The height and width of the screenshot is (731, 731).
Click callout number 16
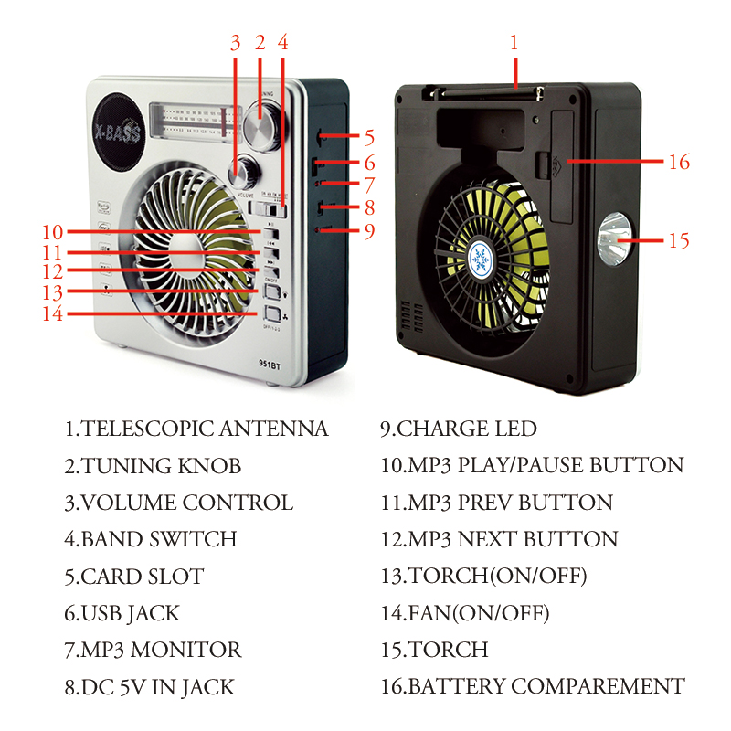(678, 162)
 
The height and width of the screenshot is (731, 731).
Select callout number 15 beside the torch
(678, 241)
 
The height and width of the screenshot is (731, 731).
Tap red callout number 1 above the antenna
(514, 43)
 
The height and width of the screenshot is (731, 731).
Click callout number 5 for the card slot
(369, 138)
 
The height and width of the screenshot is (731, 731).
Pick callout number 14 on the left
(52, 313)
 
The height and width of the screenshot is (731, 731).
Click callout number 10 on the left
(52, 232)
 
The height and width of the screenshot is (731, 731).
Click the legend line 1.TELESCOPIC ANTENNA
(196, 429)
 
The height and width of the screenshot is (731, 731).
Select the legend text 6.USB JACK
(122, 613)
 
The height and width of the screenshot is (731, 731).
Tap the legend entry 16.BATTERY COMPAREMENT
(533, 686)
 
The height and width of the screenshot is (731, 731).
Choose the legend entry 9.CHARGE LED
(459, 429)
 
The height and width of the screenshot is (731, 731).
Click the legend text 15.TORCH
(434, 650)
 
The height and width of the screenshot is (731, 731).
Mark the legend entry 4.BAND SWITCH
(151, 539)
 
